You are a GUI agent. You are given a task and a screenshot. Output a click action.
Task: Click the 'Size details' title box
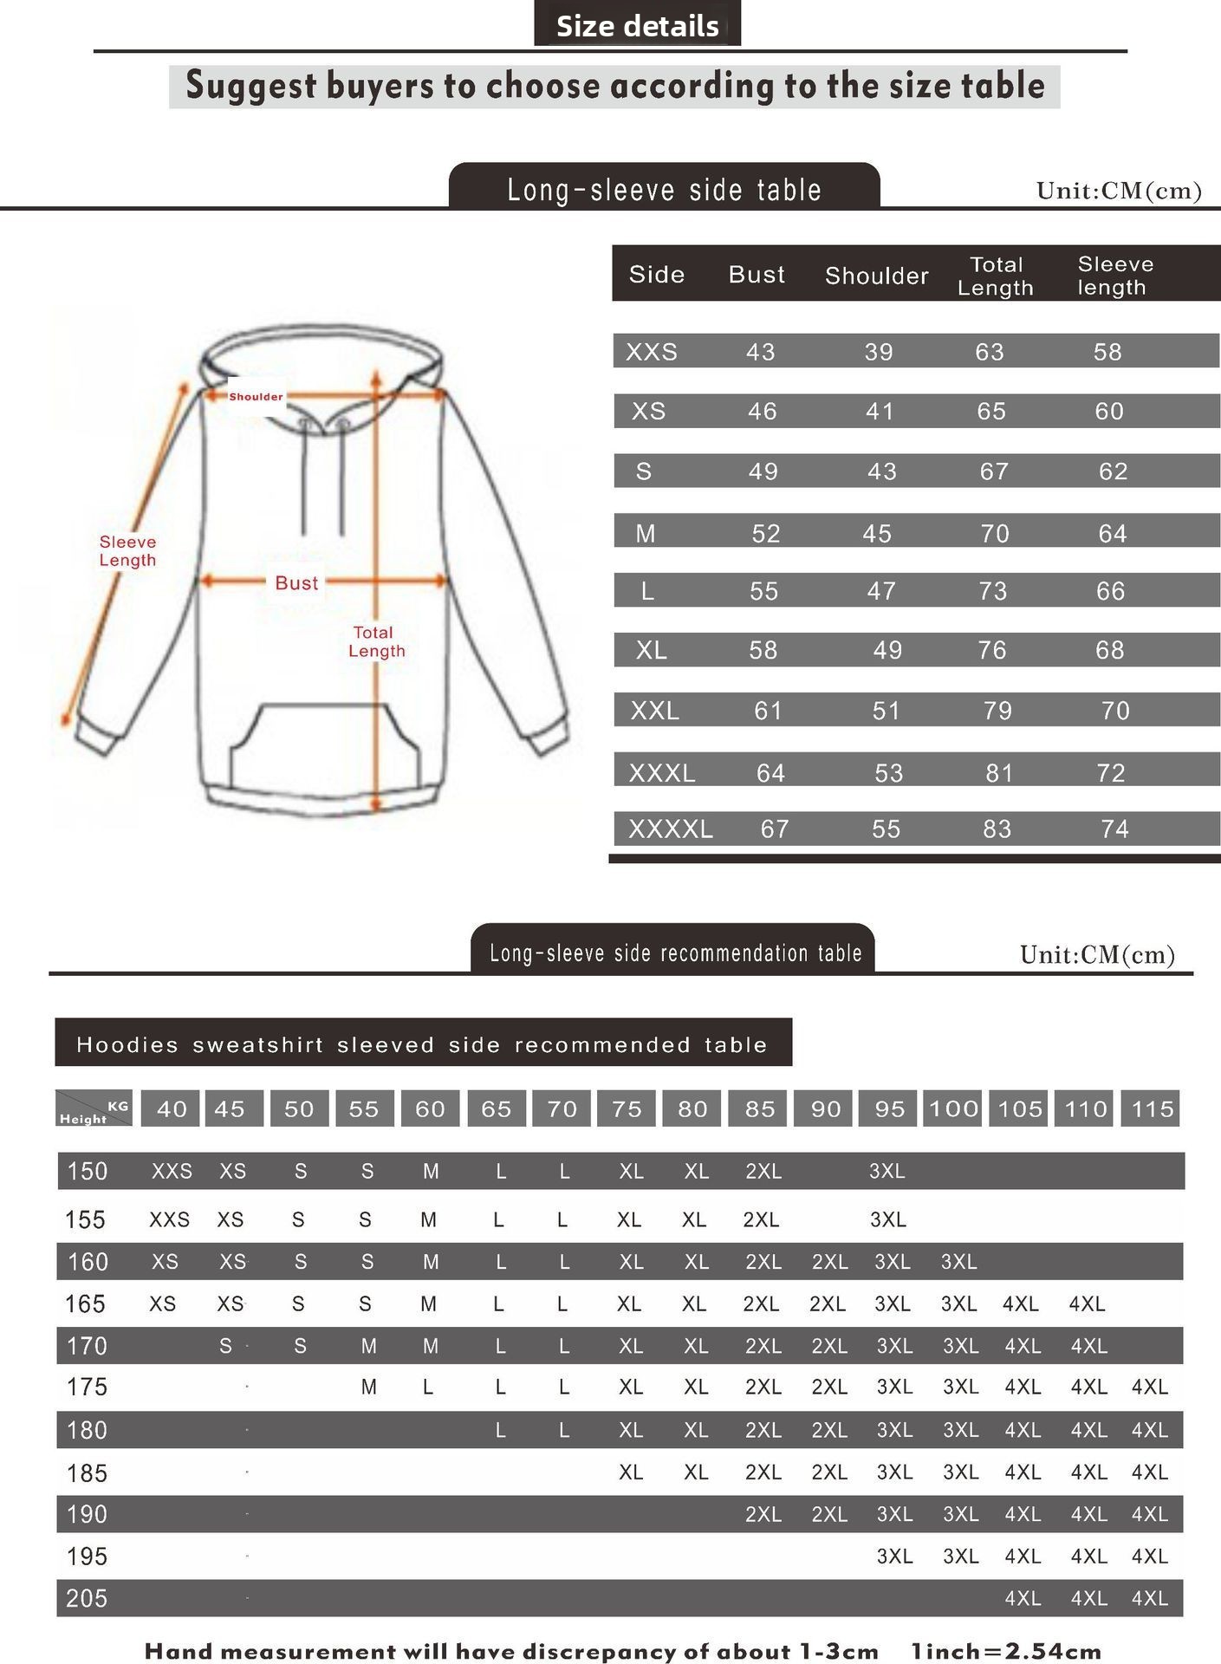pyautogui.click(x=637, y=25)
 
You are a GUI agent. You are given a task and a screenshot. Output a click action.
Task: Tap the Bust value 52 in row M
pyautogui.click(x=765, y=533)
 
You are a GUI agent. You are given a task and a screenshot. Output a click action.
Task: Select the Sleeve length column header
pyautogui.click(x=1114, y=276)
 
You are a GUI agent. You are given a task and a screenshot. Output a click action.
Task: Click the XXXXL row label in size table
pyautogui.click(x=671, y=829)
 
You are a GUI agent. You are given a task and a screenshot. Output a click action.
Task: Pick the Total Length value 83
pyautogui.click(x=997, y=829)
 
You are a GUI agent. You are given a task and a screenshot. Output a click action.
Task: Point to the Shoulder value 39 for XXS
pyautogui.click(x=878, y=352)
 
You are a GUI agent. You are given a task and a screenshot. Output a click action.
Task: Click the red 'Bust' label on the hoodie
pyautogui.click(x=296, y=583)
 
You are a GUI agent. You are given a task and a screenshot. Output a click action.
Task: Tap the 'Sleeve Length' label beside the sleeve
pyautogui.click(x=127, y=551)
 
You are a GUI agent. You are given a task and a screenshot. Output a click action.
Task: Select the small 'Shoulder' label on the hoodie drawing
pyautogui.click(x=256, y=397)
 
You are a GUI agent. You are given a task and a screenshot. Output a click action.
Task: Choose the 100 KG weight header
pyautogui.click(x=953, y=1108)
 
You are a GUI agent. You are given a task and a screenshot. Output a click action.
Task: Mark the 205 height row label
pyautogui.click(x=87, y=1598)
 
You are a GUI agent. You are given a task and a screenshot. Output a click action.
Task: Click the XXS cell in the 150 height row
pyautogui.click(x=172, y=1171)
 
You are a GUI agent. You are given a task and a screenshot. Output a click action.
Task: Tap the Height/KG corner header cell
pyautogui.click(x=94, y=1108)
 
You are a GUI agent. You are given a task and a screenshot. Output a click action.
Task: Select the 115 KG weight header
pyautogui.click(x=1152, y=1108)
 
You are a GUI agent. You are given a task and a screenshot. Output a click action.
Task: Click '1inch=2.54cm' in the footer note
pyautogui.click(x=1005, y=1651)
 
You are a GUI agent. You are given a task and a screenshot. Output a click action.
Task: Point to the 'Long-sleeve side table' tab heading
pyautogui.click(x=664, y=189)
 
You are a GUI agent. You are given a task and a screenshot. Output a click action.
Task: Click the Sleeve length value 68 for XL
pyautogui.click(x=1109, y=650)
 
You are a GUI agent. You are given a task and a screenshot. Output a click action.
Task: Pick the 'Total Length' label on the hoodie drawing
pyautogui.click(x=375, y=641)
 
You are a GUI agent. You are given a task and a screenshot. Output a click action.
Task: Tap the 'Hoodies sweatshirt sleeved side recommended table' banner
pyautogui.click(x=422, y=1044)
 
